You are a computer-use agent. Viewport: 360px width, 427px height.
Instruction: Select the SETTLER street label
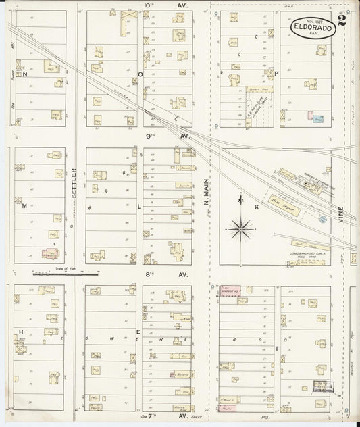pos(75,182)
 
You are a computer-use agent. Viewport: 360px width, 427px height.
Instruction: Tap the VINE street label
pos(342,216)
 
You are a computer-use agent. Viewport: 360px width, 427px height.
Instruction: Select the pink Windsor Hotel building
pos(230,291)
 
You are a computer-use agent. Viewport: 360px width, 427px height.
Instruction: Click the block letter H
pos(21,332)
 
